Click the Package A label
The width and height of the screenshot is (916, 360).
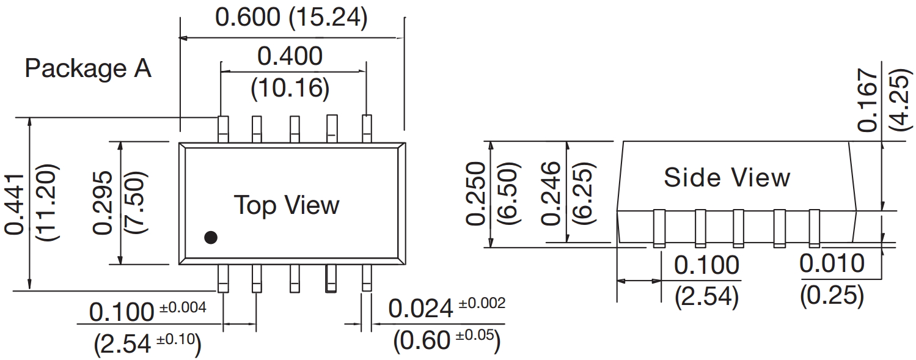87,68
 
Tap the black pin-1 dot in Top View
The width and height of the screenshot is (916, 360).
211,238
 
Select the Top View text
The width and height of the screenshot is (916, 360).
287,205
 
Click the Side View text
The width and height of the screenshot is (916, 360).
727,178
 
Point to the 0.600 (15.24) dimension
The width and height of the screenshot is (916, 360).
291,18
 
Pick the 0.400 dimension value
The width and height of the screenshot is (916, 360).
290,57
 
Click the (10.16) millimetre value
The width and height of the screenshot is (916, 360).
290,89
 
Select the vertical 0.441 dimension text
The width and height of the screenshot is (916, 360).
15,203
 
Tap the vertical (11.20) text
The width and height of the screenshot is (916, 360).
48,203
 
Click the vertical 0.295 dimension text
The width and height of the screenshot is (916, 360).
104,202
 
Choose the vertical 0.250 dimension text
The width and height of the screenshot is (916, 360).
476,193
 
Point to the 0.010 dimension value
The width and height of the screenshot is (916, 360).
832,264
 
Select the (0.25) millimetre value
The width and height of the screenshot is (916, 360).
832,296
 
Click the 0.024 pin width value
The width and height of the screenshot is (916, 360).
420,310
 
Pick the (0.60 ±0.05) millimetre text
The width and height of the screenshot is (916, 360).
446,341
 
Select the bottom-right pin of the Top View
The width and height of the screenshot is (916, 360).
367,279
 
